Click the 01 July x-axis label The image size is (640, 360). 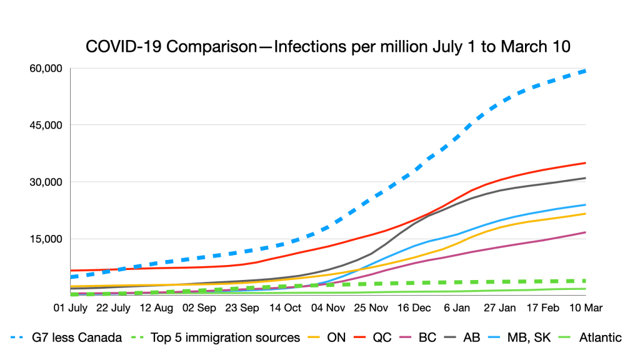click(70, 308)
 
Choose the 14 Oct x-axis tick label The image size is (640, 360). click(284, 308)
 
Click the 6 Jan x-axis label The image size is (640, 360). click(456, 308)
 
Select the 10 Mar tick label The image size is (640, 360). click(586, 308)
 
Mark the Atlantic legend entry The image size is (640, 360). click(599, 337)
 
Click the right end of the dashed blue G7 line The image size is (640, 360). click(585, 71)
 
